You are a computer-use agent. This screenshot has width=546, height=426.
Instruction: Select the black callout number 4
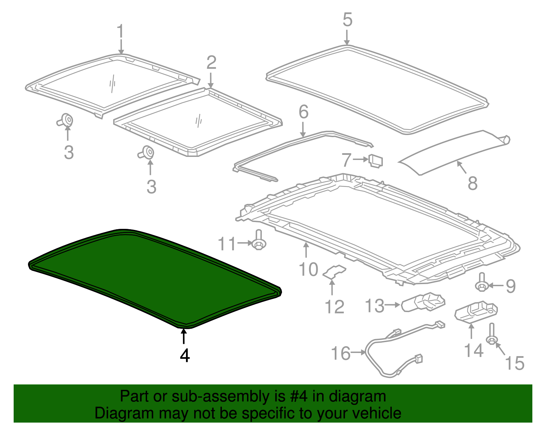185,355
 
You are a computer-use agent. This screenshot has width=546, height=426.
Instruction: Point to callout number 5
347,20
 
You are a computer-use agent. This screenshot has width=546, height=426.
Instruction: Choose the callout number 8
472,183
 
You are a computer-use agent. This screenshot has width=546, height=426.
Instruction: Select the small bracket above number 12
334,271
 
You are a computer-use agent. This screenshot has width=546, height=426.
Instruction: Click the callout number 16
341,353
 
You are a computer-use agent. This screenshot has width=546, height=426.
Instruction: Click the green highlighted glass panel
154,276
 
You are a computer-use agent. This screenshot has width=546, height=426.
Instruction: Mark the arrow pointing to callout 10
306,249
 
